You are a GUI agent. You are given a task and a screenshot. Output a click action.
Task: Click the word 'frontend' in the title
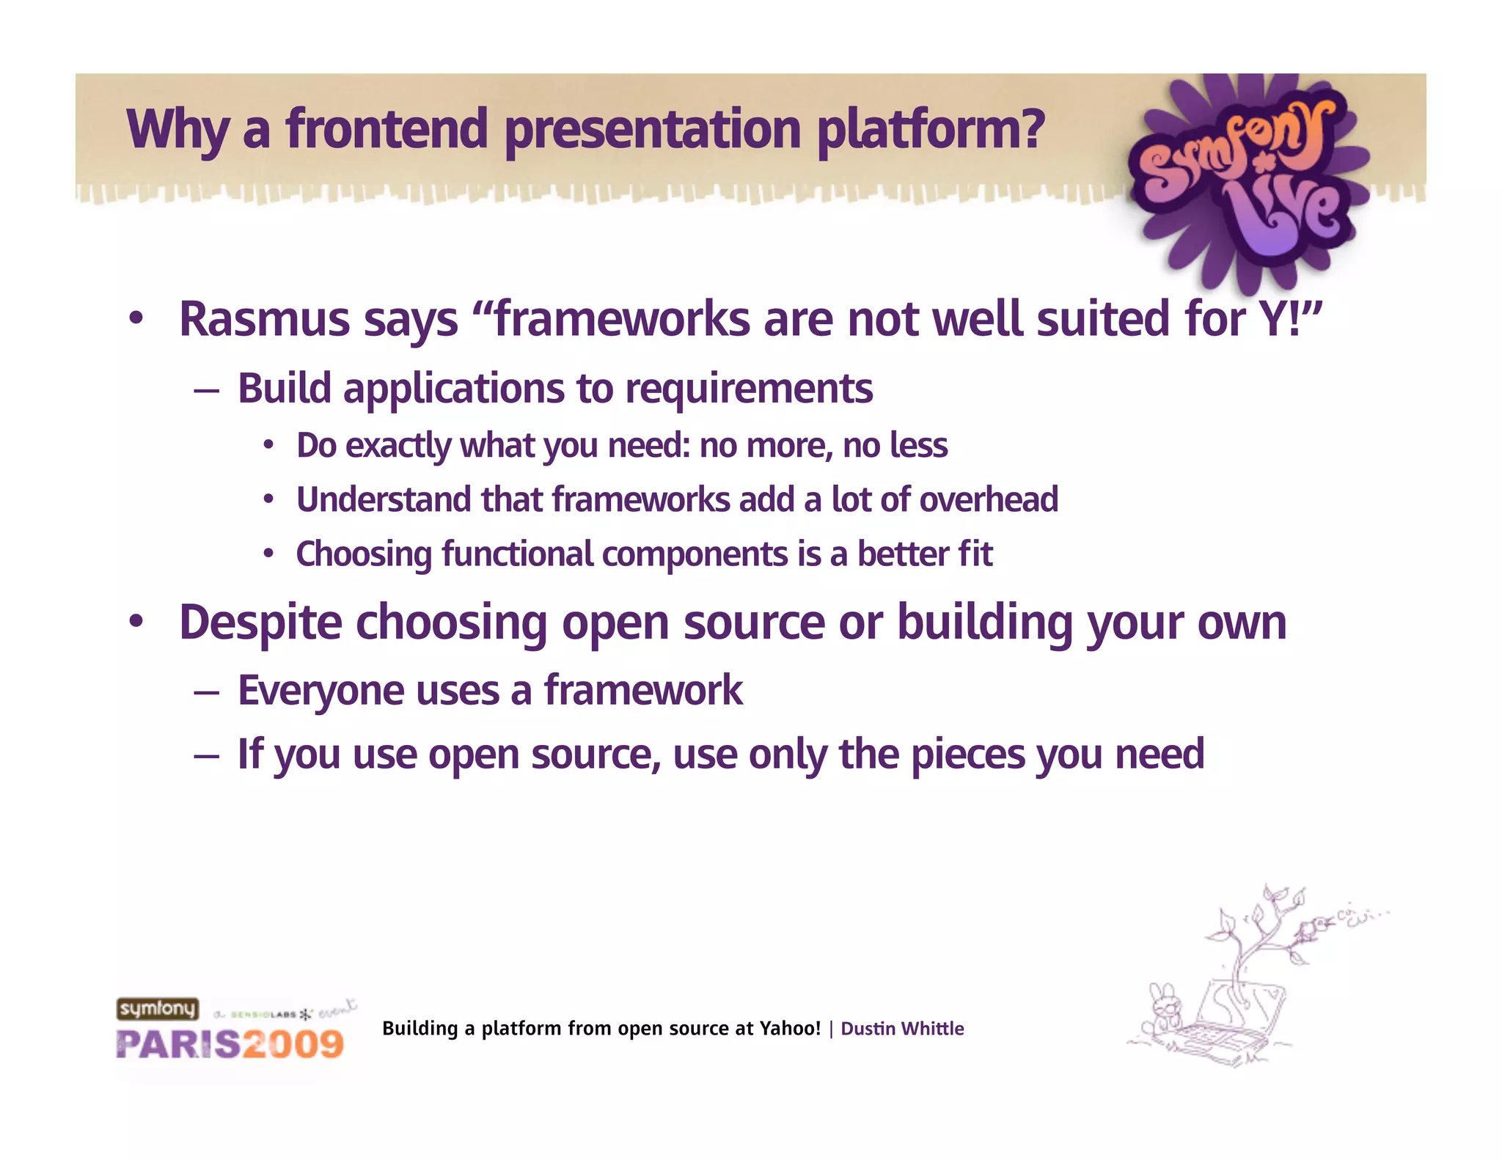click(387, 129)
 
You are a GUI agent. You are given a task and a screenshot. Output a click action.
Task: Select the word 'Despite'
click(260, 623)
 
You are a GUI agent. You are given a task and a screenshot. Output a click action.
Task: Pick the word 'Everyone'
click(320, 691)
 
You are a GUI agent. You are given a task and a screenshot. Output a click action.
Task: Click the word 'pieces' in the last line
click(967, 754)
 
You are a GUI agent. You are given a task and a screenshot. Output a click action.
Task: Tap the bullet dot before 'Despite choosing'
click(136, 622)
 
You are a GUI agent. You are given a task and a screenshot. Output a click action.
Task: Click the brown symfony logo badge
click(157, 1009)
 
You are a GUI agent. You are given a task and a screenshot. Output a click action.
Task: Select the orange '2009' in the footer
click(293, 1044)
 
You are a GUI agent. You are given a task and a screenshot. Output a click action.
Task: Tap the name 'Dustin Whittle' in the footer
click(901, 1029)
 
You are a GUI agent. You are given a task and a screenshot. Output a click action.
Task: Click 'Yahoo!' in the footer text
click(790, 1029)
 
